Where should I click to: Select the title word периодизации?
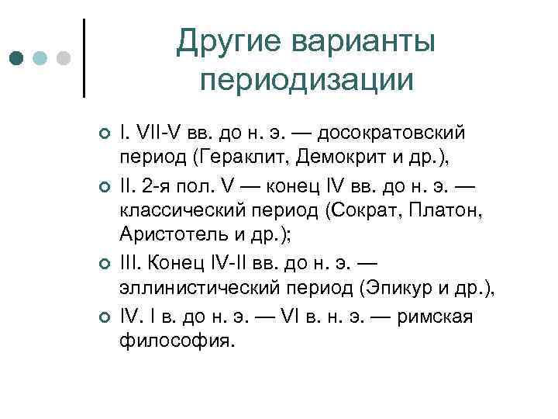[305, 80]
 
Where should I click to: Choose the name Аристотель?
[168, 235]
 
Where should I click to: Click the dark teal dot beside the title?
[17, 59]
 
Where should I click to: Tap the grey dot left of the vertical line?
[64, 59]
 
